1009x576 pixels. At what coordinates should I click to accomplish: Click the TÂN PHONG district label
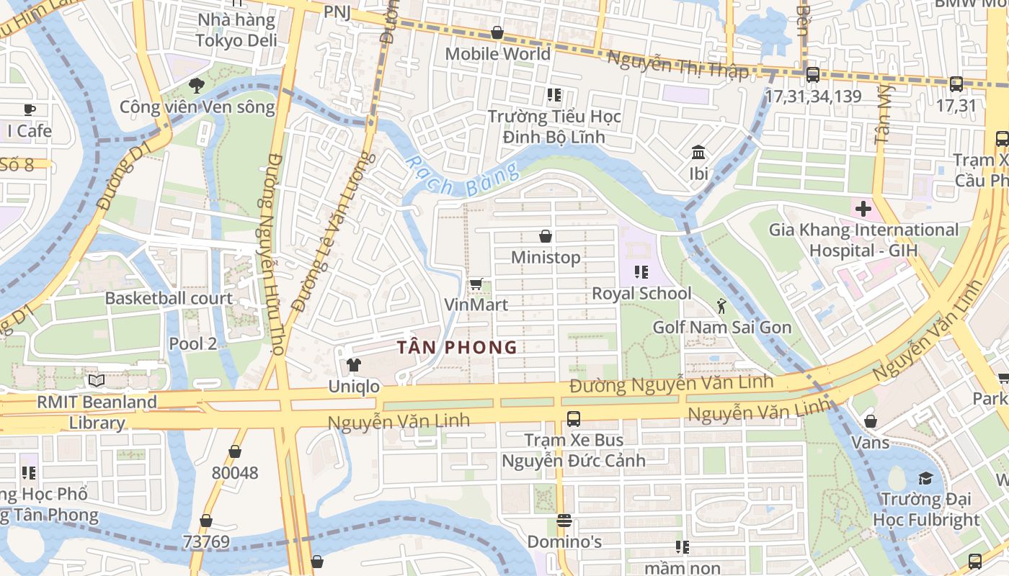click(x=457, y=347)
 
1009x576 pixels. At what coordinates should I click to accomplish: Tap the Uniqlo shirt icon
click(x=353, y=365)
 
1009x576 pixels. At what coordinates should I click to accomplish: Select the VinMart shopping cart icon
click(x=476, y=284)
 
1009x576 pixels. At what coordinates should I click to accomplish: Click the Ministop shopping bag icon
click(x=546, y=236)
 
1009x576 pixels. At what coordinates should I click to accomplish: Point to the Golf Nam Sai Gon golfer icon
click(x=721, y=306)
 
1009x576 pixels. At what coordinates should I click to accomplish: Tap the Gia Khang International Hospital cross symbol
click(x=863, y=209)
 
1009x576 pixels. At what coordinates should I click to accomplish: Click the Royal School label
click(x=641, y=293)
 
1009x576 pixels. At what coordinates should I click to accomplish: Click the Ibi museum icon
click(x=698, y=153)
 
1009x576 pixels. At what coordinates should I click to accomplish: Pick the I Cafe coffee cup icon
click(x=29, y=109)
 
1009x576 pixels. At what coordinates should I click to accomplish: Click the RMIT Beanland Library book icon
click(x=97, y=380)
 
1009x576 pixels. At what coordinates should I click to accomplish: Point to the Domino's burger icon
click(x=564, y=520)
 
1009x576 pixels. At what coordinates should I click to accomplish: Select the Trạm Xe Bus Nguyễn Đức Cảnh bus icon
click(x=574, y=418)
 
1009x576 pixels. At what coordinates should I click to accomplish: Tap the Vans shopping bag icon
click(x=871, y=421)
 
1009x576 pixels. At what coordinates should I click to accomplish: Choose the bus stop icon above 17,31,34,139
click(x=812, y=74)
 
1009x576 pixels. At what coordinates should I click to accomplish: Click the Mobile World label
click(x=497, y=54)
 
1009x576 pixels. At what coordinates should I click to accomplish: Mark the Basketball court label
click(x=169, y=298)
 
